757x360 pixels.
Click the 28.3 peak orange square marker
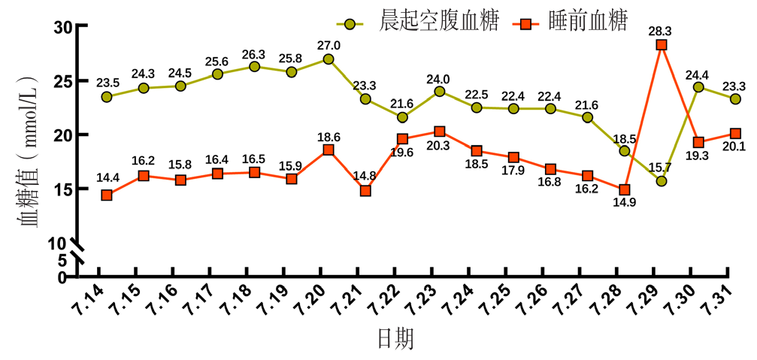click(x=662, y=45)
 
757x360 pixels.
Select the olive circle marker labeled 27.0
click(x=329, y=59)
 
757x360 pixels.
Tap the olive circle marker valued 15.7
click(x=662, y=181)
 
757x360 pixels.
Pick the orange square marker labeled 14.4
click(x=107, y=195)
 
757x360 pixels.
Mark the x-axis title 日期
click(x=395, y=339)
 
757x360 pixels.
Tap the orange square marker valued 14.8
click(x=365, y=191)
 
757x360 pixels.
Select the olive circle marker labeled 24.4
click(x=698, y=87)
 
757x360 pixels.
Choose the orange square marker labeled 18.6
click(x=329, y=150)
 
